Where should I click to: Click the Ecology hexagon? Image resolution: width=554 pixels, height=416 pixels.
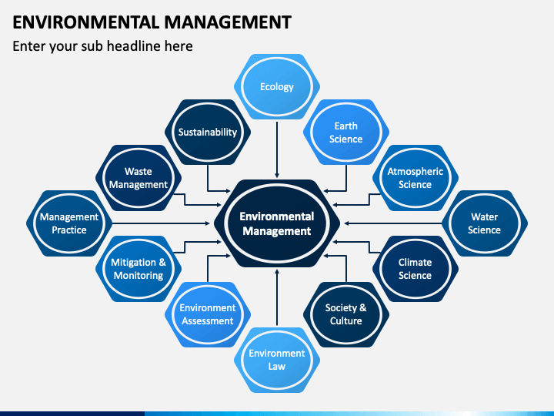[x=277, y=86]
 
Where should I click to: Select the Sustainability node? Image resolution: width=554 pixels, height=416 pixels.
[x=208, y=132]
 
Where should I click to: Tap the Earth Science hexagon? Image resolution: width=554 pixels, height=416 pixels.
[x=346, y=132]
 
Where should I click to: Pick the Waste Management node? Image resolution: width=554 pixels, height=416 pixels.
[x=138, y=178]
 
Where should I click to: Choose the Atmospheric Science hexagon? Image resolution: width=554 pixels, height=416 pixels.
[x=415, y=178]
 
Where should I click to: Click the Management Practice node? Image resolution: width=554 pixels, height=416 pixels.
[x=69, y=223]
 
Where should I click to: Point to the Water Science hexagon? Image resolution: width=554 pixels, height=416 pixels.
[x=485, y=223]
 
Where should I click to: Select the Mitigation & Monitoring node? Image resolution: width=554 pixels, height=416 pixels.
[x=138, y=269]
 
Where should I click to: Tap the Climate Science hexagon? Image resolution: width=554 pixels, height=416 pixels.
[x=415, y=269]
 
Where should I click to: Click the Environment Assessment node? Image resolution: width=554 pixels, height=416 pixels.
[x=208, y=314]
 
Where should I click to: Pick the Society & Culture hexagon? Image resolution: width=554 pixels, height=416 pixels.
[x=346, y=314]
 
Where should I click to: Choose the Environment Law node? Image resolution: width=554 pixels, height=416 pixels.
[x=277, y=360]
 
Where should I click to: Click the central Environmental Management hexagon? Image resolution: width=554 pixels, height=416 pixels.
[x=277, y=223]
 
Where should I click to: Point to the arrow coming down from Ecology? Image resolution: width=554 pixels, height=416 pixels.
[x=277, y=149]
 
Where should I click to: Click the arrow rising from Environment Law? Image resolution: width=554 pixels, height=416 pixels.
[x=277, y=297]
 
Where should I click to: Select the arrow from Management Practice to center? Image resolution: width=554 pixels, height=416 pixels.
[x=161, y=223]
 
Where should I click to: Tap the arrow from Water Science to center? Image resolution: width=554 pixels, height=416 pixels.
[x=393, y=223]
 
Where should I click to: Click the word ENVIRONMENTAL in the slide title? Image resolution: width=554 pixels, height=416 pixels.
[x=86, y=22]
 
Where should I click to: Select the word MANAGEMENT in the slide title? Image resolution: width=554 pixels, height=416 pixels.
[x=228, y=22]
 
